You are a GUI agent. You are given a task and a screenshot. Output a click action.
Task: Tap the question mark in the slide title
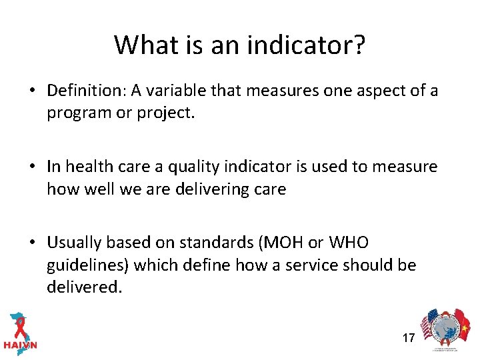pyautogui.click(x=358, y=45)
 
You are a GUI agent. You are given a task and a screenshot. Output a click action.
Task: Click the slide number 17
pyautogui.click(x=408, y=338)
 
